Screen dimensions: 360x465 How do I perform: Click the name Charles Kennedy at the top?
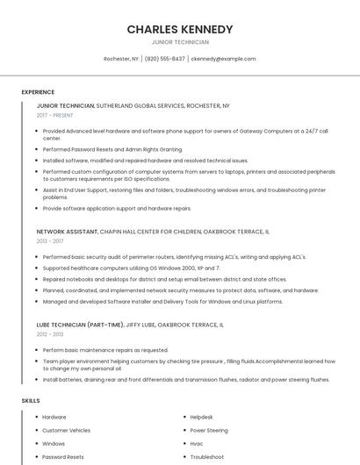pyautogui.click(x=180, y=29)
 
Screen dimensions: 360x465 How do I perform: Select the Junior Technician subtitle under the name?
pyautogui.click(x=180, y=42)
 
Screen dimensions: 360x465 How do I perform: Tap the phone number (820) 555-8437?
pyautogui.click(x=165, y=59)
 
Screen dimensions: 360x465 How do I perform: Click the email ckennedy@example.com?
pyautogui.click(x=223, y=59)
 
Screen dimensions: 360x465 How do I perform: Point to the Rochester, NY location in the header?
pyautogui.click(x=121, y=59)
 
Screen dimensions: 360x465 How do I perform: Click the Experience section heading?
pyautogui.click(x=38, y=92)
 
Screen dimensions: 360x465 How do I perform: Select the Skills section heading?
pyautogui.click(x=31, y=400)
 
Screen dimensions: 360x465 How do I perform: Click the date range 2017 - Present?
pyautogui.click(x=55, y=115)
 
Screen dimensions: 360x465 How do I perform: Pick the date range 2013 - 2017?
pyautogui.click(x=50, y=240)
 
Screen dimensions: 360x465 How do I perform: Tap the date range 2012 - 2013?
pyautogui.click(x=50, y=334)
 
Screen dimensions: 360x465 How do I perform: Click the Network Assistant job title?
pyautogui.click(x=67, y=231)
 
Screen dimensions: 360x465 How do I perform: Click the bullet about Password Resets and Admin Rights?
pyautogui.click(x=112, y=149)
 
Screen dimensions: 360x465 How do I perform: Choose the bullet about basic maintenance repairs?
pyautogui.click(x=105, y=350)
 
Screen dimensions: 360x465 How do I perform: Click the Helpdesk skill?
pyautogui.click(x=202, y=418)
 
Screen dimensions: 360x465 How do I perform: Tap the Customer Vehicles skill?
pyautogui.click(x=66, y=431)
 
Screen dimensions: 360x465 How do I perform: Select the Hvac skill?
pyautogui.click(x=196, y=444)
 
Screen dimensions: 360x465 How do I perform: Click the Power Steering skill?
pyautogui.click(x=209, y=431)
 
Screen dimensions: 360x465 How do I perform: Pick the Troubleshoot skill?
pyautogui.click(x=207, y=457)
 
